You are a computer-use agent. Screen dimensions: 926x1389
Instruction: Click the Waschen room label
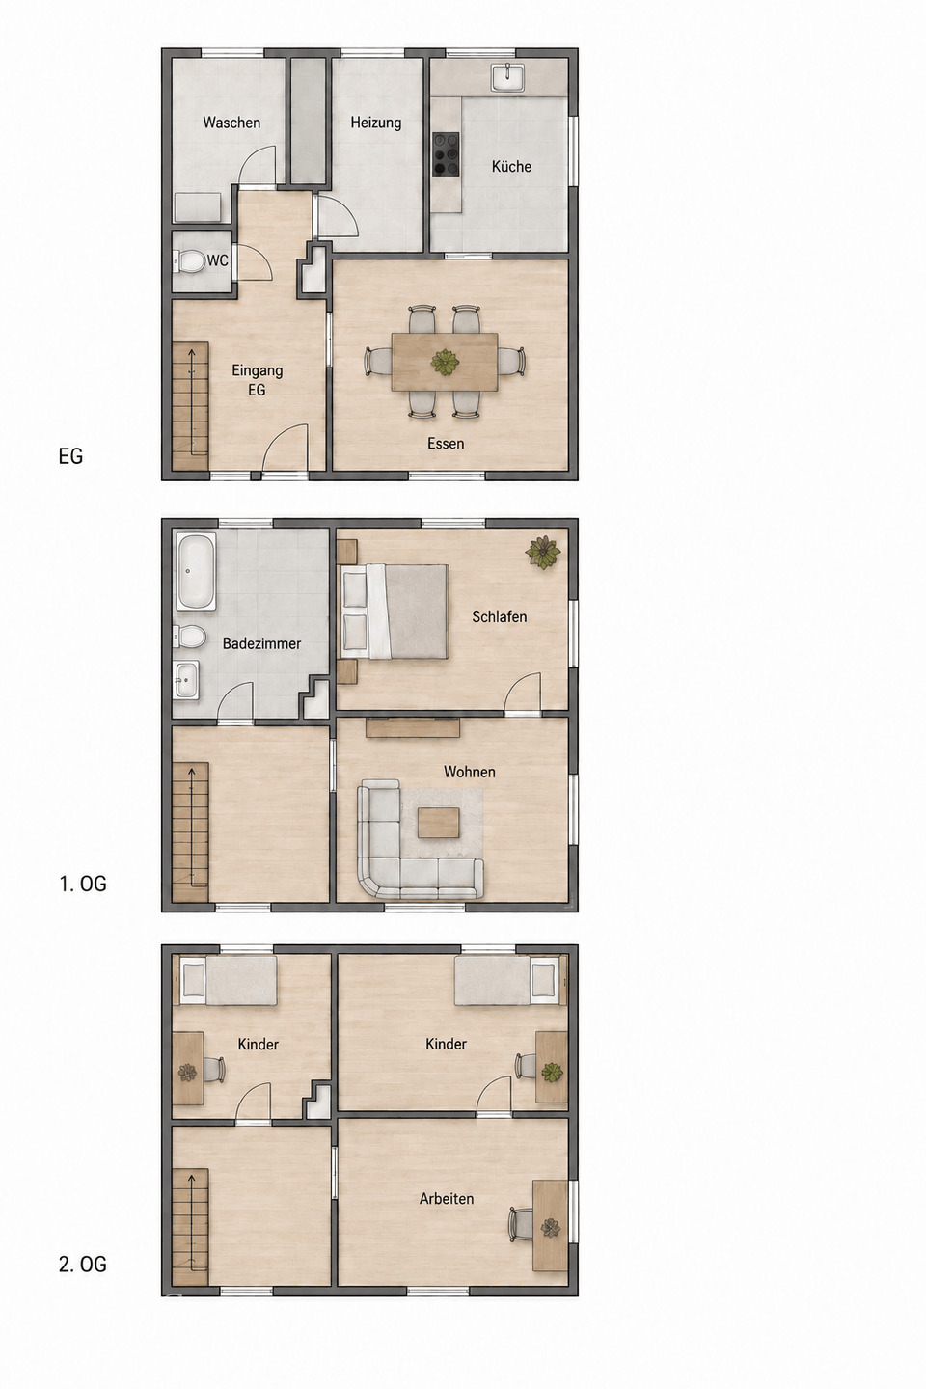231,123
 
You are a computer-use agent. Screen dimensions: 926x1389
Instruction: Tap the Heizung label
376,123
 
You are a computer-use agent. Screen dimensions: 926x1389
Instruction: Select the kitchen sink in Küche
508,77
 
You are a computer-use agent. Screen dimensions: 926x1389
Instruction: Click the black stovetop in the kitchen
446,154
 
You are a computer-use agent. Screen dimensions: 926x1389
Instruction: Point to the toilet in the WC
189,261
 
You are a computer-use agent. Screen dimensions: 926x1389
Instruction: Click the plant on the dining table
445,362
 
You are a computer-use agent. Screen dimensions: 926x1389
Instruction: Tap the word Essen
446,444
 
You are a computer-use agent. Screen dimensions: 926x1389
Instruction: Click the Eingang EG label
258,379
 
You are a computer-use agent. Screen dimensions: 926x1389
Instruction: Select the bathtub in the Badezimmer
197,570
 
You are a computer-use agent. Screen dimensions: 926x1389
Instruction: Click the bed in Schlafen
395,611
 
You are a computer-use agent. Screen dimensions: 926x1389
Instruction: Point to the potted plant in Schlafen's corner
543,552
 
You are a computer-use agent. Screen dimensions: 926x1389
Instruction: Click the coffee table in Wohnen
439,823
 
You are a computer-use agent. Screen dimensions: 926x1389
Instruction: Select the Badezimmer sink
186,680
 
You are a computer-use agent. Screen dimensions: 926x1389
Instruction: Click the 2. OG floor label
83,1264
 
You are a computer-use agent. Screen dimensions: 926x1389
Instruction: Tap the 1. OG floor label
83,884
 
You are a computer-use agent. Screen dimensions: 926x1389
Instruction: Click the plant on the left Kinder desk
187,1073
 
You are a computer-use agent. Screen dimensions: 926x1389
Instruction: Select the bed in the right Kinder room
510,980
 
